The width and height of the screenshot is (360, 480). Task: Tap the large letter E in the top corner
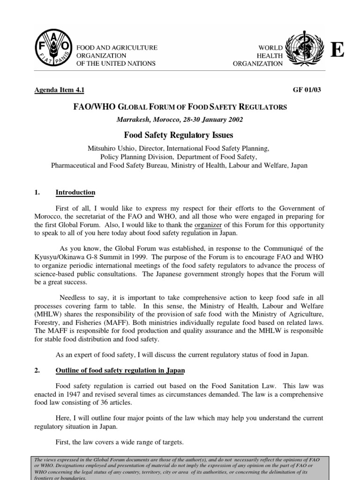point(337,50)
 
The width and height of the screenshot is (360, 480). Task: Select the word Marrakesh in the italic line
point(134,119)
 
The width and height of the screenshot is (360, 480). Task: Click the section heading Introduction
point(75,193)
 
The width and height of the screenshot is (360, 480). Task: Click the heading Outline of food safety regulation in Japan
point(120,370)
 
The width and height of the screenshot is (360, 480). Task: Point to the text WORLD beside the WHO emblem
point(271,47)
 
